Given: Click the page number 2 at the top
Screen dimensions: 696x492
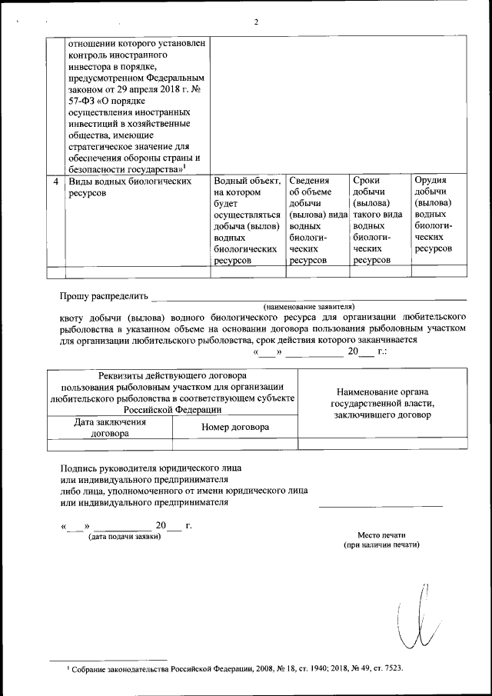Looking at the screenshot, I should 256,21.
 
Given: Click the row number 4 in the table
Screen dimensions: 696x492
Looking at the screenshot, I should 55,181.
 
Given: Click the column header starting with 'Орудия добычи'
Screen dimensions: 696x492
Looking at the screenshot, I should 437,215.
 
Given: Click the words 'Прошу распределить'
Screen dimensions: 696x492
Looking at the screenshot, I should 103,297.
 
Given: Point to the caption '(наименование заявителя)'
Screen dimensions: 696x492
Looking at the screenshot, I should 308,306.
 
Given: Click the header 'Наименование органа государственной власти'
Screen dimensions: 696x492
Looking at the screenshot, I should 382,403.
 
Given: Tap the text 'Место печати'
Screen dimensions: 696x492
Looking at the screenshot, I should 381,534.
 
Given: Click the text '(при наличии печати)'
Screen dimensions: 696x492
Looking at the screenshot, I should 381,544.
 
